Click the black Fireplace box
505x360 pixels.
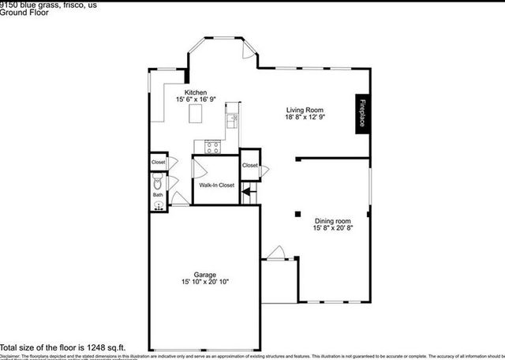pyautogui.click(x=363, y=114)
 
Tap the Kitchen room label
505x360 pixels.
pyautogui.click(x=196, y=92)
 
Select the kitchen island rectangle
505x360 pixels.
pyautogui.click(x=196, y=115)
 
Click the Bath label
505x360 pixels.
pyautogui.click(x=158, y=194)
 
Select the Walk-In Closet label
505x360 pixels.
pyautogui.click(x=216, y=185)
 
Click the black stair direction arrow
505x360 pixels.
pyautogui.click(x=246, y=189)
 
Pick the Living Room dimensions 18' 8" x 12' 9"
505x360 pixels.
pyautogui.click(x=305, y=117)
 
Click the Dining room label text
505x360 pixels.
pyautogui.click(x=333, y=221)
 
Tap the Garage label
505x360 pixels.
pyautogui.click(x=205, y=275)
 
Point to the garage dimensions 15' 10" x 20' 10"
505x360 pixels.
pyautogui.click(x=205, y=282)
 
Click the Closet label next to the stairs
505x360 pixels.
pyautogui.click(x=250, y=165)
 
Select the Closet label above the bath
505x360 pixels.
pyautogui.click(x=159, y=163)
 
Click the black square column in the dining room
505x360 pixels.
pyautogui.click(x=298, y=213)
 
